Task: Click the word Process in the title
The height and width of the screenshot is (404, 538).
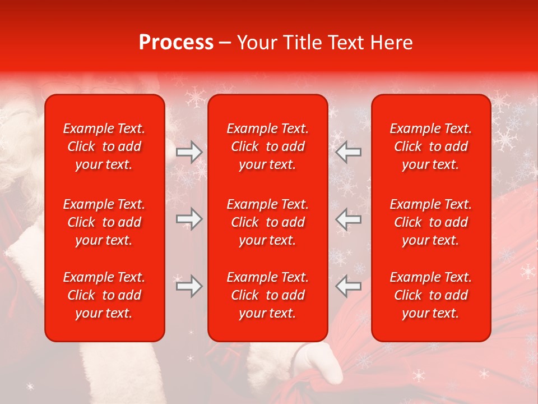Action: [176, 43]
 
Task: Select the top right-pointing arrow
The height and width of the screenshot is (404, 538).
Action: [189, 151]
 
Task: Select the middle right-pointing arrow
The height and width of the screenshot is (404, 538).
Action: [189, 219]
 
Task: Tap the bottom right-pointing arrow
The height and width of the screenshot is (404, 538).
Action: [189, 286]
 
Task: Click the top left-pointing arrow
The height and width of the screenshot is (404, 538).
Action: [349, 151]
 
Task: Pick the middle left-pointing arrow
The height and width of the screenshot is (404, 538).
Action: [349, 219]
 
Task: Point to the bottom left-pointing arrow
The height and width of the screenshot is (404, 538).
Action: [349, 286]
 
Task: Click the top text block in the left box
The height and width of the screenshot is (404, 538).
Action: [104, 146]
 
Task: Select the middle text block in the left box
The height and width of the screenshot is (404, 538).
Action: [104, 222]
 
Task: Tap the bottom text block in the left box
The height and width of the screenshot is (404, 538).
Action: [104, 295]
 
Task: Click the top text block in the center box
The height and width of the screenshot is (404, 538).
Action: [268, 146]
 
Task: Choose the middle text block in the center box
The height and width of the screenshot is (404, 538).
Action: [268, 222]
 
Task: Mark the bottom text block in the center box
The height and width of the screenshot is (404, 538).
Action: [268, 295]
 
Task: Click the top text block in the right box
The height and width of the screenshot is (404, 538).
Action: [431, 146]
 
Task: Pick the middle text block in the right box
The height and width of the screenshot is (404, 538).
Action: [431, 222]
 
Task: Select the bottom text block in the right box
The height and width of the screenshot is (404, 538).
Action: [431, 295]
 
